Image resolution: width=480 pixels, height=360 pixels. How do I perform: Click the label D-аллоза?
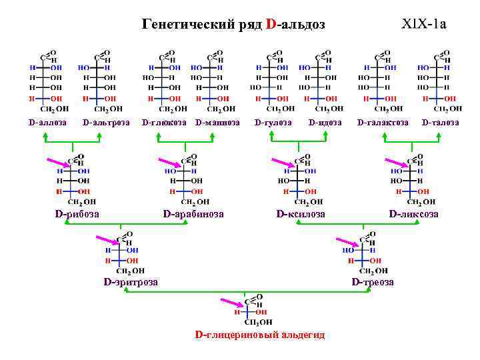pyautogui.click(x=47, y=123)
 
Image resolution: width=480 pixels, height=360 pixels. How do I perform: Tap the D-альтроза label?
pyautogui.click(x=106, y=123)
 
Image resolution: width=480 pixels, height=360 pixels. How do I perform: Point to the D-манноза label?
pyautogui.click(x=217, y=123)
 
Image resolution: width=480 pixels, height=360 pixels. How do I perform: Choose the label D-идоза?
pyautogui.click(x=325, y=123)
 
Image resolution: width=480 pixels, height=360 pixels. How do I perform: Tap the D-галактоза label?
pyautogui.click(x=383, y=123)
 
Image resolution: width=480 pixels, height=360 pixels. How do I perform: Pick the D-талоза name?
pyautogui.click(x=440, y=123)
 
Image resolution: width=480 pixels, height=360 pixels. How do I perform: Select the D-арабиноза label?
pyautogui.click(x=193, y=213)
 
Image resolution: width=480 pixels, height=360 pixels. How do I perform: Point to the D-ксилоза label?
pyautogui.click(x=301, y=213)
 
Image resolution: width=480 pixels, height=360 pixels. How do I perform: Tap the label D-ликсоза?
pyautogui.click(x=414, y=213)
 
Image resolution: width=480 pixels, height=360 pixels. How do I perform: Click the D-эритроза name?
pyautogui.click(x=131, y=282)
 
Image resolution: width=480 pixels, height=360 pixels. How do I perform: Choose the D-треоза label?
pyautogui.click(x=373, y=282)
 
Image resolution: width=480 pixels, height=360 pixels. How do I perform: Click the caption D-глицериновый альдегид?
pyautogui.click(x=259, y=335)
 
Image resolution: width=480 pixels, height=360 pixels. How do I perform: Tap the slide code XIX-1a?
pyautogui.click(x=424, y=25)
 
